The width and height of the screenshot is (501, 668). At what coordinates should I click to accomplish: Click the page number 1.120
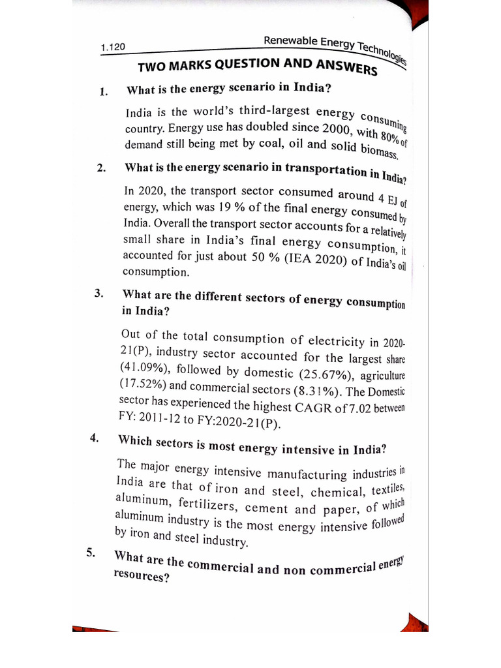click(113, 48)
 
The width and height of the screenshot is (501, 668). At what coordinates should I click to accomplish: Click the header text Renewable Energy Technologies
click(334, 46)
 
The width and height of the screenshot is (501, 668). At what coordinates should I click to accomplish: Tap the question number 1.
click(103, 91)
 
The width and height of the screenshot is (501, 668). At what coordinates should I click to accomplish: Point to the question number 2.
click(101, 168)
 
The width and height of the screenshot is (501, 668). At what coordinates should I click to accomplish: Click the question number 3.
click(99, 293)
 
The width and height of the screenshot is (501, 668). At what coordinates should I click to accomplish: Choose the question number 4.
click(95, 438)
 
